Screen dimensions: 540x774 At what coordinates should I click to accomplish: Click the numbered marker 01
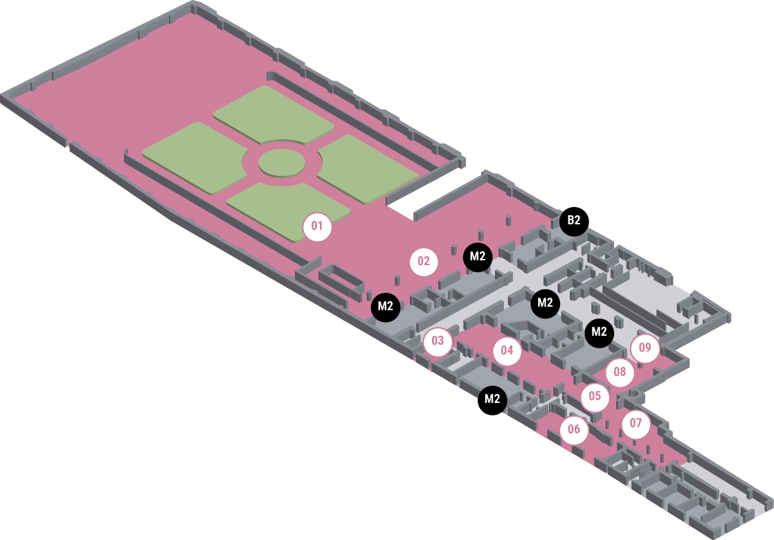317,226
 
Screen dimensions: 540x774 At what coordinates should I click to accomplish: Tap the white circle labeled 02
424,262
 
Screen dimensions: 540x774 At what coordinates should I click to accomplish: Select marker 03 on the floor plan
438,341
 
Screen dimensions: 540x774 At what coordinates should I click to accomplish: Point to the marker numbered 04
507,351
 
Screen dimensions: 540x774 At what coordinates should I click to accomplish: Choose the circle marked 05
595,397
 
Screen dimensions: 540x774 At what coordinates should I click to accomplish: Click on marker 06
574,430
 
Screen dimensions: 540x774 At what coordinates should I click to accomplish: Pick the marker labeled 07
636,424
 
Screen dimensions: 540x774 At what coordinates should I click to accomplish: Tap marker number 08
620,372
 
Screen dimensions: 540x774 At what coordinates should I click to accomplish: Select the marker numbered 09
645,348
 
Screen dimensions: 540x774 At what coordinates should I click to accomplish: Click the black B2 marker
574,222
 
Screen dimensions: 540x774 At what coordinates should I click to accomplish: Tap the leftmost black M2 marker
386,306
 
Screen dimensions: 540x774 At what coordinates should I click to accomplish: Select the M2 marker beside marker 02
478,257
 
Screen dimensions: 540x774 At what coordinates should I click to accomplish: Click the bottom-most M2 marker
492,399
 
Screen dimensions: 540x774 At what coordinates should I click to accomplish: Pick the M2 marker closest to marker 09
600,332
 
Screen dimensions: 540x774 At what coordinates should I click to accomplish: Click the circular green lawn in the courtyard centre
282,163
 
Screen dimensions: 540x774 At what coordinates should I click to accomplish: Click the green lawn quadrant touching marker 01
284,208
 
